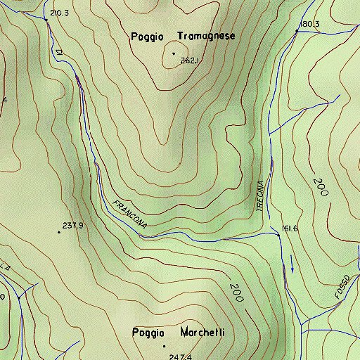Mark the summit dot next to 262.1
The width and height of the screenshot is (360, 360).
[x=173, y=53]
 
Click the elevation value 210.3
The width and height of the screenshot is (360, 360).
[x=60, y=13]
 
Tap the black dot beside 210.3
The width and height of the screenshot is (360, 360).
[x=47, y=20]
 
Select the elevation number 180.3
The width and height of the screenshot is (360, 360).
[x=309, y=25]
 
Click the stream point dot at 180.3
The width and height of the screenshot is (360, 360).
[x=297, y=32]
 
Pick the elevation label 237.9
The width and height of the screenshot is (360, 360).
[x=73, y=226]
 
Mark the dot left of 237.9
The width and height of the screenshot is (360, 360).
[x=58, y=232]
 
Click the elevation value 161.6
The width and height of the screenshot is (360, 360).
[x=290, y=229]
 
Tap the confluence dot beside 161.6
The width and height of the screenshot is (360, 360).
[x=278, y=236]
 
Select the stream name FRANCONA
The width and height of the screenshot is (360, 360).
[x=129, y=214]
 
